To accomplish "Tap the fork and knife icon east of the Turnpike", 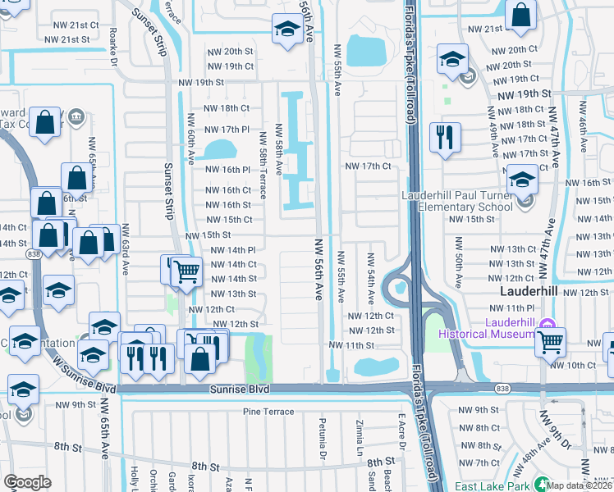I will click(444, 138).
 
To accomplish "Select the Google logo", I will click(27, 482).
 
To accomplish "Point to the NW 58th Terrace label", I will click(263, 165).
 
